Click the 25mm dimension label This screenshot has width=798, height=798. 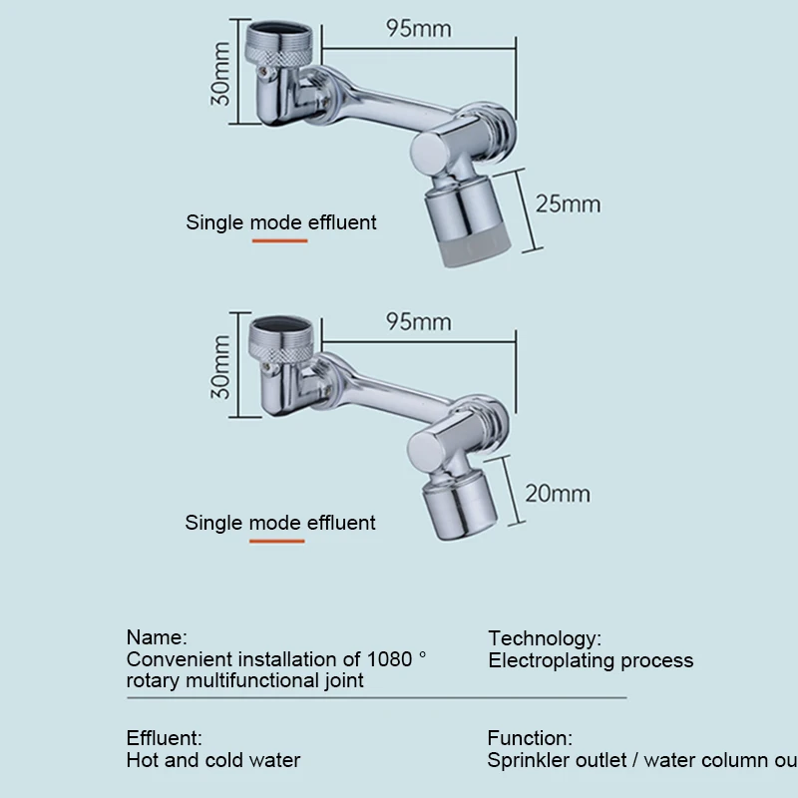[x=568, y=204]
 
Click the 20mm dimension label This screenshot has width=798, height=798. [x=557, y=494]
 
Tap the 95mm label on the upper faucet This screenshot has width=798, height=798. [x=418, y=28]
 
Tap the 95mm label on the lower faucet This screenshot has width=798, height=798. [x=418, y=322]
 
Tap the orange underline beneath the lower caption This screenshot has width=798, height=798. [x=276, y=542]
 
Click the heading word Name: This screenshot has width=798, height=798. [x=157, y=637]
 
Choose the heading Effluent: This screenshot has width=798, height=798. [x=164, y=739]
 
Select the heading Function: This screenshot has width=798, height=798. [x=530, y=739]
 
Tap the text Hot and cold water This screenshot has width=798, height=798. [x=213, y=760]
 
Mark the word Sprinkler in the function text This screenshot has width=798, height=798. [x=528, y=760]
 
